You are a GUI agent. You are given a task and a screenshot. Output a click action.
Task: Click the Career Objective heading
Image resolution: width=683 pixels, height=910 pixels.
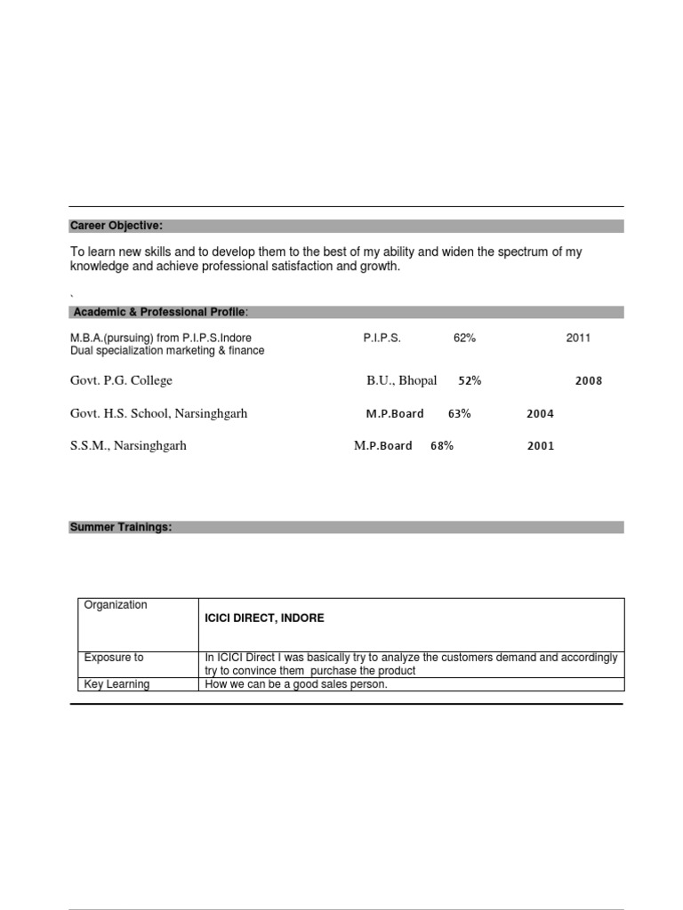[117, 227]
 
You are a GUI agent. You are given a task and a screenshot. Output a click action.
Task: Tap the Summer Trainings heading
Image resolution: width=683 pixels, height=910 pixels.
[121, 527]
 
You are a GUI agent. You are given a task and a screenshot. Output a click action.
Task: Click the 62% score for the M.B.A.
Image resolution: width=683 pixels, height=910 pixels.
[465, 339]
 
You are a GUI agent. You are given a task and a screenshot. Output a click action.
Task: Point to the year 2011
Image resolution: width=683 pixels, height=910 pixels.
[578, 339]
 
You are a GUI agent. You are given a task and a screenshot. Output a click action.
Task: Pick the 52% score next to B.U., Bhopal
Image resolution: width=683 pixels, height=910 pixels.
[470, 381]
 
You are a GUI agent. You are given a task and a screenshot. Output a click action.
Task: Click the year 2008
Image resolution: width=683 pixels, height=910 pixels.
[589, 381]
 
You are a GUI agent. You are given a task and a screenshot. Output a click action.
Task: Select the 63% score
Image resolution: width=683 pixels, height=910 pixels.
[459, 414]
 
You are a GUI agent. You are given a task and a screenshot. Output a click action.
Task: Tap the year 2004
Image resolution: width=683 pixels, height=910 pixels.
[540, 414]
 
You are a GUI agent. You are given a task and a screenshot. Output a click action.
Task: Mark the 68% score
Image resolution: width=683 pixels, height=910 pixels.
[442, 446]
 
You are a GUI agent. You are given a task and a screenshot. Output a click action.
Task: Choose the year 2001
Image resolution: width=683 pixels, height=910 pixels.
[541, 446]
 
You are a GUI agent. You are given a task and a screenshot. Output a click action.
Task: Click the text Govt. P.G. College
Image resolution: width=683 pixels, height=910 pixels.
[121, 381]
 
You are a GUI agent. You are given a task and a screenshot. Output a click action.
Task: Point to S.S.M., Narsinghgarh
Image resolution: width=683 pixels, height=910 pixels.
[128, 446]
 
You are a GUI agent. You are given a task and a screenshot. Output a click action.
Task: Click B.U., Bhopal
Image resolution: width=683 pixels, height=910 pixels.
[402, 381]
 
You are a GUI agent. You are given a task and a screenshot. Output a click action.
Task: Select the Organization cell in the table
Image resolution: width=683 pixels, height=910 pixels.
[116, 605]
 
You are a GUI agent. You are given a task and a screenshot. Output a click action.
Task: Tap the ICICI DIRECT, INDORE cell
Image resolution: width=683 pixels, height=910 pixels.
[264, 618]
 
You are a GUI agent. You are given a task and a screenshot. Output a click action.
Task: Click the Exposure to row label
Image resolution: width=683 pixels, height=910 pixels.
[114, 658]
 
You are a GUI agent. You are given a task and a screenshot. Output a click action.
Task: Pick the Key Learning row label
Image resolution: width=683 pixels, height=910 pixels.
[117, 684]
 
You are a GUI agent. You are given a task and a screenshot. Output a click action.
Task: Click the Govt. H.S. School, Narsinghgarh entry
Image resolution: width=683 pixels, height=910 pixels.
[158, 414]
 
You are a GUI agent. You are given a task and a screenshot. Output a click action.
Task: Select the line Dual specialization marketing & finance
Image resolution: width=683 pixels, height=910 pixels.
[167, 351]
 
